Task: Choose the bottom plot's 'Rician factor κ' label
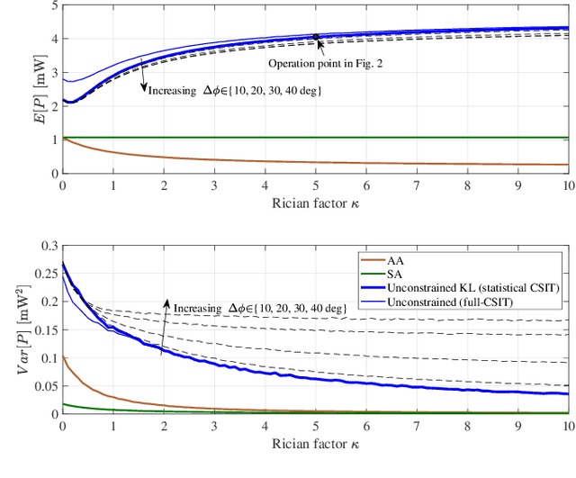pyautogui.click(x=314, y=444)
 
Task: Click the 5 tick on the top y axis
pyautogui.click(x=52, y=6)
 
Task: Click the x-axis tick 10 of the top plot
pyautogui.click(x=567, y=185)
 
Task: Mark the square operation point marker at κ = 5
pyautogui.click(x=316, y=37)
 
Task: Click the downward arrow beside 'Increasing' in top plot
pyautogui.click(x=143, y=81)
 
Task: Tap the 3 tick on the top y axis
pyautogui.click(x=52, y=73)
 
